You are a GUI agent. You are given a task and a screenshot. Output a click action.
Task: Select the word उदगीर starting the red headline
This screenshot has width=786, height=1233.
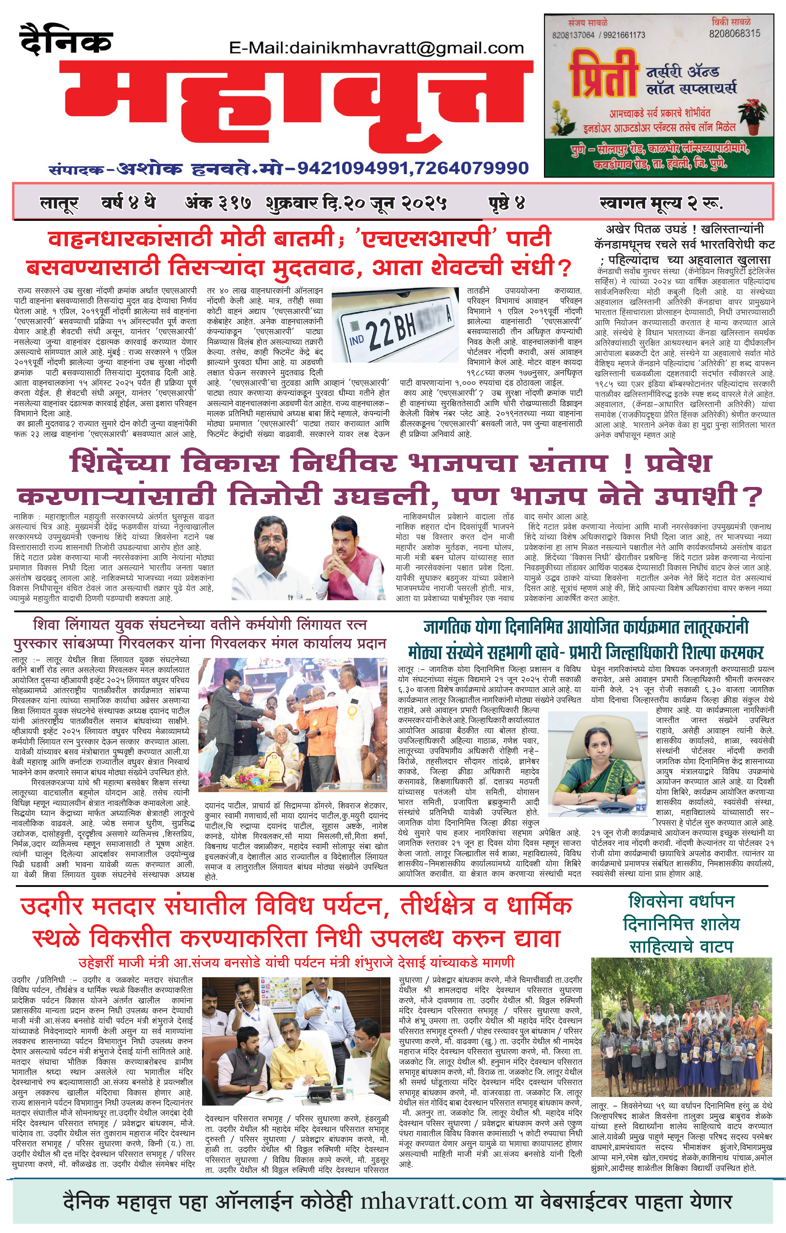click(x=51, y=906)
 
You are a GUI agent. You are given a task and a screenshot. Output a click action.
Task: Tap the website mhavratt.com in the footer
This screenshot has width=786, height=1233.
click(x=433, y=1201)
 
